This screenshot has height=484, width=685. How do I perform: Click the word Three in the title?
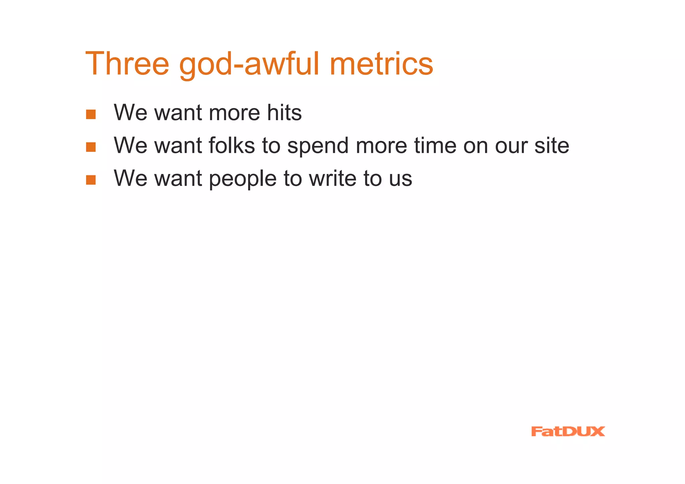pyautogui.click(x=127, y=64)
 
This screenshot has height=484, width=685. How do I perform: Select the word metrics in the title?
pyautogui.click(x=381, y=64)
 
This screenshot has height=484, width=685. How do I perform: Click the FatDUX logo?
pyautogui.click(x=568, y=431)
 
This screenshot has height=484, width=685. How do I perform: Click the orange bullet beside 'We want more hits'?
pyautogui.click(x=91, y=114)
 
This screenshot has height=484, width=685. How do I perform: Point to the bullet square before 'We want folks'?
pyautogui.click(x=91, y=147)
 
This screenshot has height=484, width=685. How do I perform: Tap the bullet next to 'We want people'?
pyautogui.click(x=91, y=180)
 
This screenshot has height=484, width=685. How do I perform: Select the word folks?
pyautogui.click(x=231, y=145)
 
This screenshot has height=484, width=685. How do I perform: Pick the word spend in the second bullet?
pyautogui.click(x=318, y=146)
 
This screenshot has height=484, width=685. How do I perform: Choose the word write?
pyautogui.click(x=332, y=178)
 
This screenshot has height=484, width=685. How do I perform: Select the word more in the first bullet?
pyautogui.click(x=234, y=113)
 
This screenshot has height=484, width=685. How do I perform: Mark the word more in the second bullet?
pyautogui.click(x=381, y=146)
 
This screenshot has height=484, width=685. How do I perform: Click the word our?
pyautogui.click(x=511, y=146)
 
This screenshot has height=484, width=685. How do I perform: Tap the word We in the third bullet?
pyautogui.click(x=130, y=178)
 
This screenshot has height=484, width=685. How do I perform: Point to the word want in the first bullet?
pyautogui.click(x=178, y=113)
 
